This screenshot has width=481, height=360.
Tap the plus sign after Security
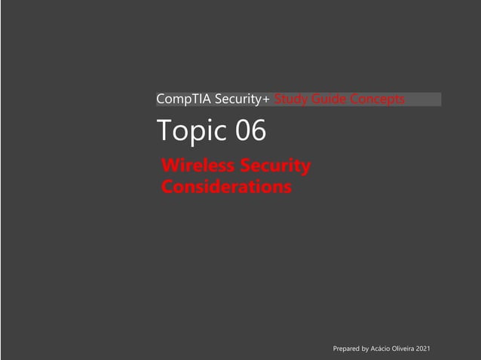tap(267, 99)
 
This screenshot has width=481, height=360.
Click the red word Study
tap(290, 99)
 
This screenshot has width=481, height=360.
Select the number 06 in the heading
tap(251, 131)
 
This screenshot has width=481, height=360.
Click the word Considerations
tap(226, 186)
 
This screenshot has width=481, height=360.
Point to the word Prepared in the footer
tap(346, 349)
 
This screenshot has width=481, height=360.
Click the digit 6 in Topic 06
tap(259, 131)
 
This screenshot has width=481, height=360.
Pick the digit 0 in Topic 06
tap(244, 131)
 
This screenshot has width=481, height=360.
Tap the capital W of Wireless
tap(170, 166)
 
